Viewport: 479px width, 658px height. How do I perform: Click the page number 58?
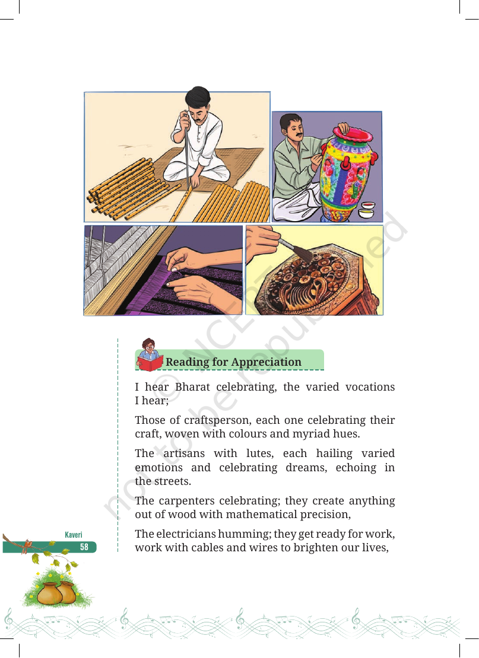click(x=84, y=547)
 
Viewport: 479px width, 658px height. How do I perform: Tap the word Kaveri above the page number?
click(x=74, y=535)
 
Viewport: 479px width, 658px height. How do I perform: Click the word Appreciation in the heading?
click(x=266, y=362)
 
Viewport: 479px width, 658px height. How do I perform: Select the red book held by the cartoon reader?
click(x=150, y=363)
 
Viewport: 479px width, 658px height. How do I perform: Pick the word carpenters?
click(x=187, y=501)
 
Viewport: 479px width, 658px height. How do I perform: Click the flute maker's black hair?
click(x=198, y=96)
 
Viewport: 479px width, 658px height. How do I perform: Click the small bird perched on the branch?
click(x=28, y=545)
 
